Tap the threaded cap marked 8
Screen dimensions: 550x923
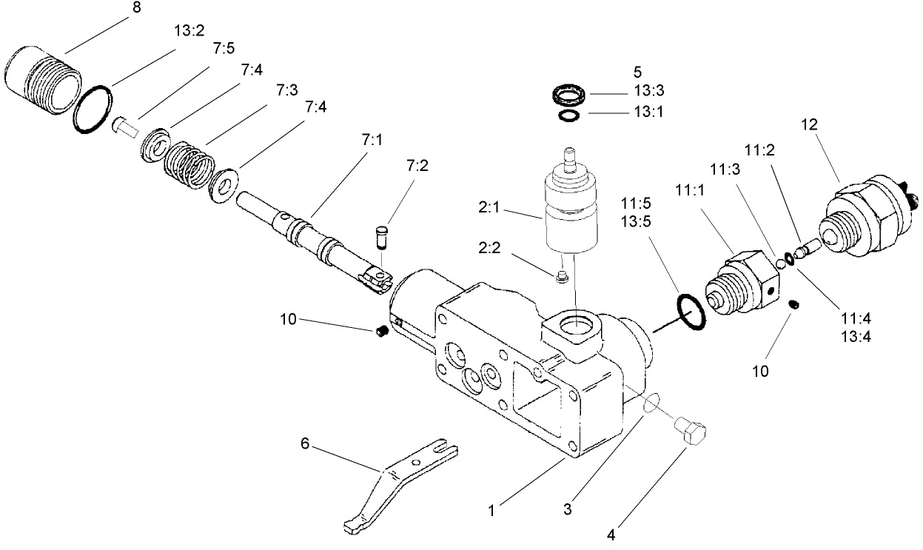(44, 78)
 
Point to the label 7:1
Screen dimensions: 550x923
(374, 139)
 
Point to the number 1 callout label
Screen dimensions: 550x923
(491, 509)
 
